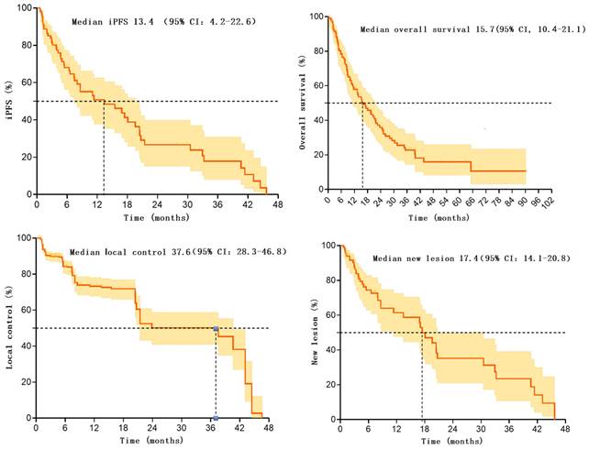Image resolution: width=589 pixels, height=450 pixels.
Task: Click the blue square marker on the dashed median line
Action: (216, 328)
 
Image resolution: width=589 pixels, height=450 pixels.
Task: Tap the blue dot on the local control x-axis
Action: (216, 418)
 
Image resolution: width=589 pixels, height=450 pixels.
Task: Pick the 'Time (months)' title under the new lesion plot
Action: (450, 442)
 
